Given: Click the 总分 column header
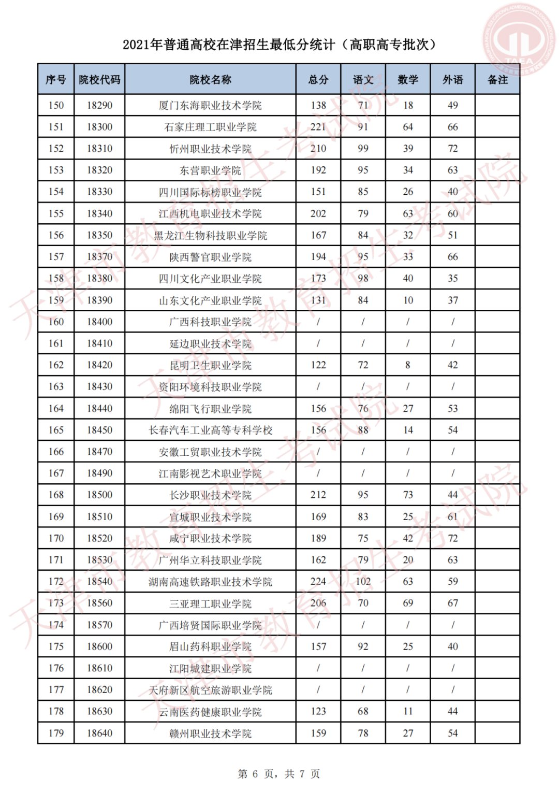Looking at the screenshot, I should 318,80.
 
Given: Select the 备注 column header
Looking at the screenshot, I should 497,80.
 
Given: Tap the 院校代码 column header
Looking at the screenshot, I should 99,80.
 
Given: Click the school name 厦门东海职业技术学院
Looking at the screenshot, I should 210,106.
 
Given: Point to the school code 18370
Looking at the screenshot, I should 99,257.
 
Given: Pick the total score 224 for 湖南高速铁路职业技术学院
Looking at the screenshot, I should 318,582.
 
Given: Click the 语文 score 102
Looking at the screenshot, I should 363,582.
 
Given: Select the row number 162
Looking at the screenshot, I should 56,365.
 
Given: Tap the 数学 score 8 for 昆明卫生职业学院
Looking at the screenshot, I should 408,365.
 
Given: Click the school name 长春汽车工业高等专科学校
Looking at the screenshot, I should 210,430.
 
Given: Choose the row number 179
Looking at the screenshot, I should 56,734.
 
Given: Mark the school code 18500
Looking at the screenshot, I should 99,495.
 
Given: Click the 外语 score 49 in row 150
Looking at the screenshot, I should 453,106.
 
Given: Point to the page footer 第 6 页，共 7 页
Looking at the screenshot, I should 279,774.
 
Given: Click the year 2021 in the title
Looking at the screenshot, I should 136,45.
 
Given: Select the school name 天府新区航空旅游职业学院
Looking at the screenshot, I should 210,690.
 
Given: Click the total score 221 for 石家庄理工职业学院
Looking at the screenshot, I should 318,127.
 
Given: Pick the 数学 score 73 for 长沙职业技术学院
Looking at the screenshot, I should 408,495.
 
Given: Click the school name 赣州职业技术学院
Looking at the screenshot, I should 210,734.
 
